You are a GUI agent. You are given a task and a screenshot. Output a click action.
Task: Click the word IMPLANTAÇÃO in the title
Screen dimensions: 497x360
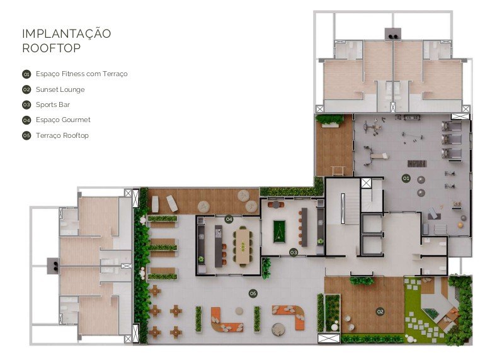tap(67, 33)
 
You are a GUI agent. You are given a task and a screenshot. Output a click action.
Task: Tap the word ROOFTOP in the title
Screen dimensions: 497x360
tap(52, 48)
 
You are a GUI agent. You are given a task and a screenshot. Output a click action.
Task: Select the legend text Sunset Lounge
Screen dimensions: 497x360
tap(60, 89)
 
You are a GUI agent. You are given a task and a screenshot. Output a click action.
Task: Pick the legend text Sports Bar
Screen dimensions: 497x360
tap(53, 105)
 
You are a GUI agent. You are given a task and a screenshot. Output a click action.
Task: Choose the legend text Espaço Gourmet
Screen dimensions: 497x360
tap(63, 120)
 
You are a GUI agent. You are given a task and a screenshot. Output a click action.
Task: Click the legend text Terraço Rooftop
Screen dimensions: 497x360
tap(62, 135)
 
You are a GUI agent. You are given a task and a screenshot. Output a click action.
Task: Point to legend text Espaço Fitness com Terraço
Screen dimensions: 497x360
tap(82, 74)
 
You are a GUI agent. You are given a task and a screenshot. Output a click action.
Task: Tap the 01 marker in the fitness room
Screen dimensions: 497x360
tap(406, 178)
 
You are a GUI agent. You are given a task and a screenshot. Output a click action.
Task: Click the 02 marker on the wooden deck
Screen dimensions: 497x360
tap(380, 312)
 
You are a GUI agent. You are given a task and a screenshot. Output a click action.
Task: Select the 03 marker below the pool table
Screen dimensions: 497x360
tap(294, 252)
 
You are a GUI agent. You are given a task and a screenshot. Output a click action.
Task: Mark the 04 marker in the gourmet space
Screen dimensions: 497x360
tap(229, 219)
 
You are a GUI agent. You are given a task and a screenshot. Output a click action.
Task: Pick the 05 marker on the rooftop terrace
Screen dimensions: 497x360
tap(253, 293)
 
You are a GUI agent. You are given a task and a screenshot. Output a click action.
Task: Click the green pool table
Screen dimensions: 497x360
tap(279, 231)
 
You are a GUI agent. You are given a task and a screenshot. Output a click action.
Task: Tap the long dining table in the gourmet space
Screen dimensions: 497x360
tap(243, 246)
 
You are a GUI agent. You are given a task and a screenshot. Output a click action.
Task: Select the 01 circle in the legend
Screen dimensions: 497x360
tap(26, 74)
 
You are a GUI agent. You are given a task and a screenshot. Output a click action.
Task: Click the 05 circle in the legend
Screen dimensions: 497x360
tap(26, 136)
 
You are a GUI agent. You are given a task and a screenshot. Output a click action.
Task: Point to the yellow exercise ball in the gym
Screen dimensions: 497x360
tap(460, 225)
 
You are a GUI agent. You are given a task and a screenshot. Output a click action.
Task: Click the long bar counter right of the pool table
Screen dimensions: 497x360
tap(304, 227)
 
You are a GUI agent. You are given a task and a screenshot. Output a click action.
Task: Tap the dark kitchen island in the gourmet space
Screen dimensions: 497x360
tap(219, 246)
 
